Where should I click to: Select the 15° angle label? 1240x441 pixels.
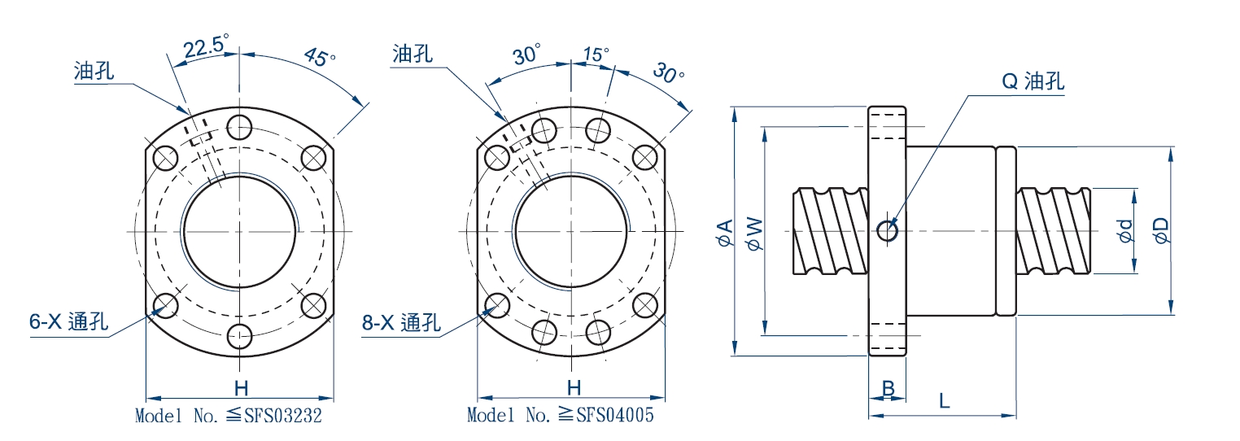[595, 54]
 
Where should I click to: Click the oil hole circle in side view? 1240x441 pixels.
[888, 232]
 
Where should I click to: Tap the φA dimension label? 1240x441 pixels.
[724, 232]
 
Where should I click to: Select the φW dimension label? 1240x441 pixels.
[754, 233]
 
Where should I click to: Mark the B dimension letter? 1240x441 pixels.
[889, 389]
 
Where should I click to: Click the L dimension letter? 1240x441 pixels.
[943, 400]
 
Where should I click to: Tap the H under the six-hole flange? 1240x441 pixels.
[240, 387]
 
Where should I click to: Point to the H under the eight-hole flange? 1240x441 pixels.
[574, 387]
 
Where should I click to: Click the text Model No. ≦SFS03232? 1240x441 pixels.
[229, 416]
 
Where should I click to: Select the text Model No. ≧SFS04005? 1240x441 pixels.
[561, 415]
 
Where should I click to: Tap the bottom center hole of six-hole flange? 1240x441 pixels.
[240, 336]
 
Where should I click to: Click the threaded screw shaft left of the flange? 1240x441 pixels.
[830, 231]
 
